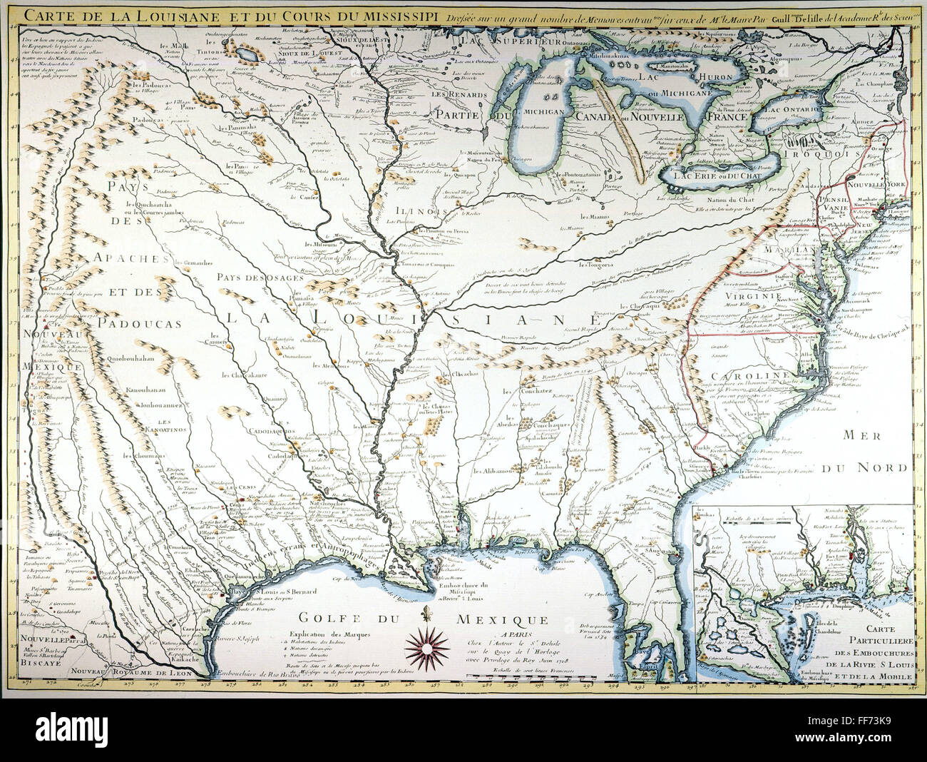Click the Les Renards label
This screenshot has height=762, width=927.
point(453,94)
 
